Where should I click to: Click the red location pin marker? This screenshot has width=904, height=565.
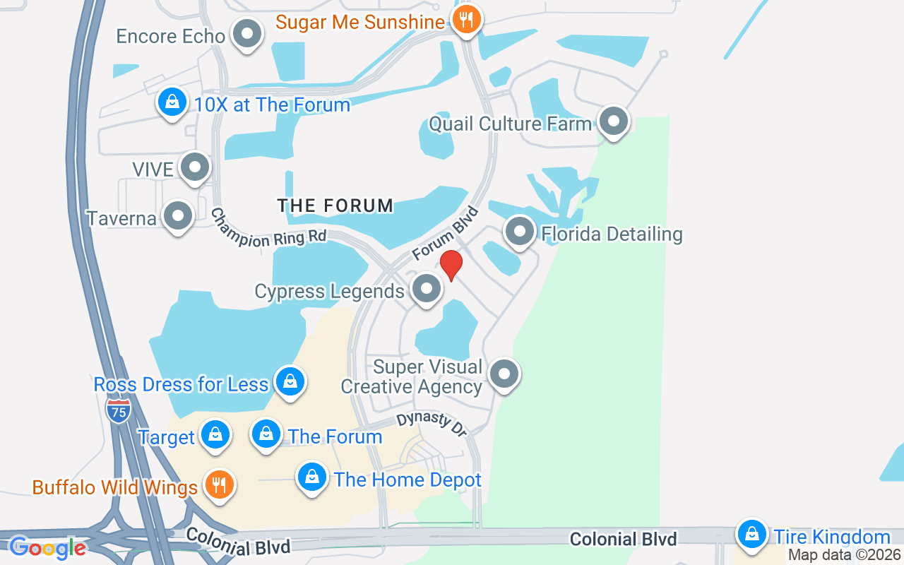451,266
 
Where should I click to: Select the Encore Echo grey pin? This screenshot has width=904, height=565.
247,34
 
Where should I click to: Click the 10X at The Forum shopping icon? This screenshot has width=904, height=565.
172,103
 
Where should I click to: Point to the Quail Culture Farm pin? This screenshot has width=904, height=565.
613,121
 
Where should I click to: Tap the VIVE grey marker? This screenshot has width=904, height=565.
194,167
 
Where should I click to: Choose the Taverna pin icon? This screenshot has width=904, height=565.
177,216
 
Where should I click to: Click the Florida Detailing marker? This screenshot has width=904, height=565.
520,232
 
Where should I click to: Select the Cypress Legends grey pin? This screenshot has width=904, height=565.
426,289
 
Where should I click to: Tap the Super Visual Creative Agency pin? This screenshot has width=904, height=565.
504,374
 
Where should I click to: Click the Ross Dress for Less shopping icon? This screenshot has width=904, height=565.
290,382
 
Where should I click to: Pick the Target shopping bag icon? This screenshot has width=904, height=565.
215,436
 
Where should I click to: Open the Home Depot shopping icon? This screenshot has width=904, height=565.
311,478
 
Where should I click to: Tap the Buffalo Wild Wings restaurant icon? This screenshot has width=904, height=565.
219,485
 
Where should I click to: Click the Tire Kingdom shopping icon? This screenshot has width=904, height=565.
752,535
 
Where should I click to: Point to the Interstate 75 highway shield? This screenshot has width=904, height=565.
118,410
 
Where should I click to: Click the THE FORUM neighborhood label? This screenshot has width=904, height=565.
335,206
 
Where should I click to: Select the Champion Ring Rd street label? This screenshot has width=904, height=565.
268,229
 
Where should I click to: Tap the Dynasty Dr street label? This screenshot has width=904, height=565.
431,424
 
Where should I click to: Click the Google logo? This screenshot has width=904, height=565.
47,547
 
